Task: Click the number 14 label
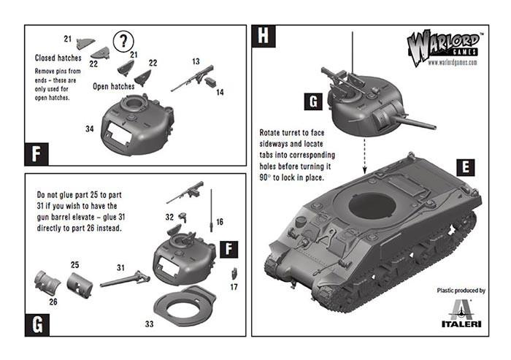(220, 92)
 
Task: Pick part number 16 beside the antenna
(219, 220)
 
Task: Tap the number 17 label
(234, 287)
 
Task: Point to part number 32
(169, 217)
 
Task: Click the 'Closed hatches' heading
(59, 57)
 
